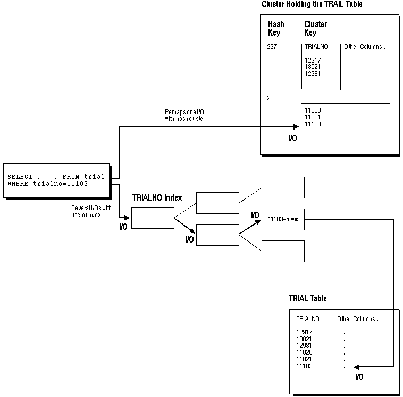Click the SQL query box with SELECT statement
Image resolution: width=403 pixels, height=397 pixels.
click(56, 180)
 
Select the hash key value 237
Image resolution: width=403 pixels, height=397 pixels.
click(272, 47)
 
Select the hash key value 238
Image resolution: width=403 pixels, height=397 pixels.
click(272, 98)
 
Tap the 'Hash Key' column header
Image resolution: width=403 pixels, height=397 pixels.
click(276, 28)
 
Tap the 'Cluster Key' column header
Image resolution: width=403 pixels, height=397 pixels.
click(315, 28)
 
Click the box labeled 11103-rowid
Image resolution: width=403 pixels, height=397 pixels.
click(283, 219)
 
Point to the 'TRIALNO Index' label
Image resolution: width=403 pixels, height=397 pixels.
click(157, 198)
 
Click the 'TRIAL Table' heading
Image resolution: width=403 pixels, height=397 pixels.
click(307, 299)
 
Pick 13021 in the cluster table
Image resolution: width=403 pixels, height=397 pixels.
click(313, 67)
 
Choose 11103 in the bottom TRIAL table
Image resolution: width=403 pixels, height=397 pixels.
click(304, 366)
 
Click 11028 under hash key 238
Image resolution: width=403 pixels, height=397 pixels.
click(313, 110)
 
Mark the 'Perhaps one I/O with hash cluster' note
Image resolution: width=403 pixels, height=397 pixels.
click(185, 116)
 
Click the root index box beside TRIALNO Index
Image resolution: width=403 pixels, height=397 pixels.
click(153, 218)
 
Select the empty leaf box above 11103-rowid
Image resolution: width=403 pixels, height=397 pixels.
click(283, 187)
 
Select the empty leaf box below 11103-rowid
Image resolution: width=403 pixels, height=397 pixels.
click(283, 251)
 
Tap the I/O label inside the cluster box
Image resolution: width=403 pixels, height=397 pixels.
click(292, 138)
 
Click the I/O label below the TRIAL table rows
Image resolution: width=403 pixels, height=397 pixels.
click(359, 377)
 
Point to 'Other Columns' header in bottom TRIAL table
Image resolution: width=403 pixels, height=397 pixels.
click(360, 319)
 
